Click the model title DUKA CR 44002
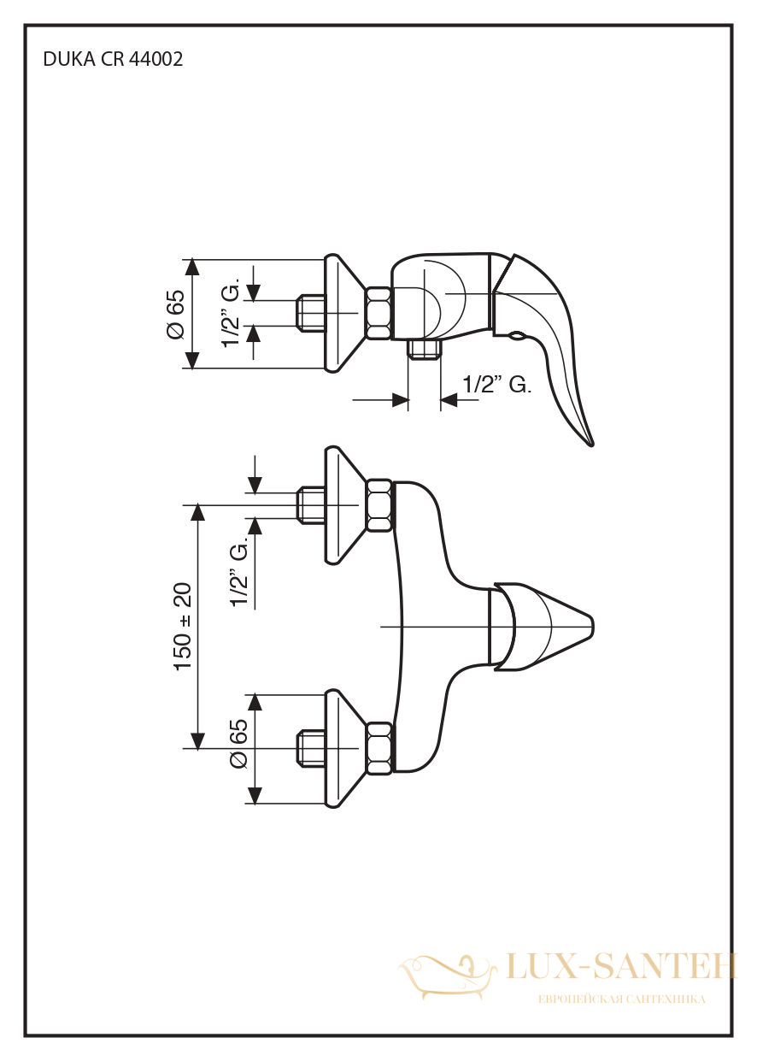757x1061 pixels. point(113,60)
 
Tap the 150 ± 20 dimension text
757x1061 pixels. point(183,627)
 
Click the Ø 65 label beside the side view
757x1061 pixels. point(175,314)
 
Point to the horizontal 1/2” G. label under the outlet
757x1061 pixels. point(496,385)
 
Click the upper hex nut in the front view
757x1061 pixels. point(379,505)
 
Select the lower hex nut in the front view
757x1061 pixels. point(379,748)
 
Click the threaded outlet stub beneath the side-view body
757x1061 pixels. point(424,350)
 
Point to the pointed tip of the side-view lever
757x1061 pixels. point(591,444)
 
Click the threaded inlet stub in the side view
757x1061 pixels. point(310,313)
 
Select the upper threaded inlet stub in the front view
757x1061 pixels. point(310,505)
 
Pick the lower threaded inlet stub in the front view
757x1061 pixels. point(310,748)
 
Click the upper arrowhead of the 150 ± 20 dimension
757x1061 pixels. point(198,515)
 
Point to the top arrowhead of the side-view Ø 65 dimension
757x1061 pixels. point(191,269)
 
